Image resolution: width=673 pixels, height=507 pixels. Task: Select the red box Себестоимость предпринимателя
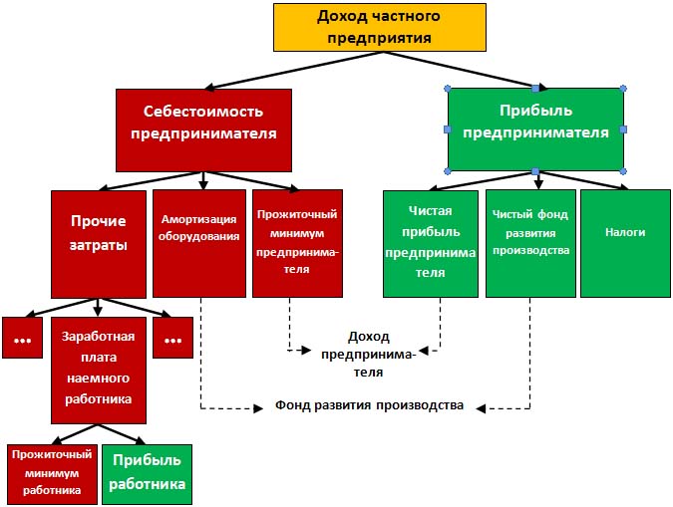(203, 128)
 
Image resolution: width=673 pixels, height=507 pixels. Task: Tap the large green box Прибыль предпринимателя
(535, 128)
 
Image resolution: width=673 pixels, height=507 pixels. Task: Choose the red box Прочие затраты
(98, 243)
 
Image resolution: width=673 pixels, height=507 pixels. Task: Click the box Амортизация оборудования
(199, 243)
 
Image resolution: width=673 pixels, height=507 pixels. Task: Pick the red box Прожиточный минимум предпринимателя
(297, 243)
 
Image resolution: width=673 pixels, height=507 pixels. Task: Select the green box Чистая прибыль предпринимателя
(431, 243)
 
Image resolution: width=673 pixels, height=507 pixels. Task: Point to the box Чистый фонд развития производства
(530, 243)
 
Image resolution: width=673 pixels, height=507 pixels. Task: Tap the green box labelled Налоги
(625, 243)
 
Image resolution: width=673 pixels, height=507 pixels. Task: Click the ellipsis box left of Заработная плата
(21, 339)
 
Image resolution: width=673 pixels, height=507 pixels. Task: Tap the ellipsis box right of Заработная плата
(172, 339)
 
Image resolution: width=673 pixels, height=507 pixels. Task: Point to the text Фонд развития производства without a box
(369, 406)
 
